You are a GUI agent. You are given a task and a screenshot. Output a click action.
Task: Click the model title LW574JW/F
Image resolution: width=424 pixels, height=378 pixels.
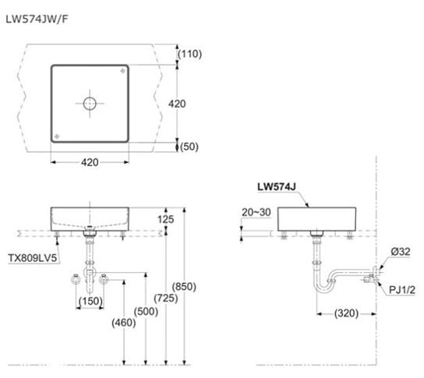click(x=37, y=19)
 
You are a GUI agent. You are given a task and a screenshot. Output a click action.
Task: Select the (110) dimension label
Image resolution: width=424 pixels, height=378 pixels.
click(x=189, y=54)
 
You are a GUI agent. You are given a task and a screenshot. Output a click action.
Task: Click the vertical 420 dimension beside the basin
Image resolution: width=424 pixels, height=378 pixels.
click(x=177, y=104)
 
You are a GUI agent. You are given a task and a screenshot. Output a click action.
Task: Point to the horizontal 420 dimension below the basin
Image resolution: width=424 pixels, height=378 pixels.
click(x=90, y=163)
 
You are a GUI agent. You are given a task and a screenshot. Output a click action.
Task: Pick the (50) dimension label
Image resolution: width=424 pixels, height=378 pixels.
click(x=189, y=147)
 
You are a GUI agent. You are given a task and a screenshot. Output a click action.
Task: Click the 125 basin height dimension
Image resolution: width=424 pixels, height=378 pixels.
click(x=165, y=219)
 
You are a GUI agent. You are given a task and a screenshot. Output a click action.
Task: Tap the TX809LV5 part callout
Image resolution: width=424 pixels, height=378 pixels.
click(x=33, y=258)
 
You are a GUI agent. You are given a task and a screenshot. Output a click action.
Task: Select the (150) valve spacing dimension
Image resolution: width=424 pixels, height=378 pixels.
click(x=90, y=301)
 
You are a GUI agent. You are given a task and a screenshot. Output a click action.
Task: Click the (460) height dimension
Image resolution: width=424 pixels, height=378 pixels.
click(x=124, y=323)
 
